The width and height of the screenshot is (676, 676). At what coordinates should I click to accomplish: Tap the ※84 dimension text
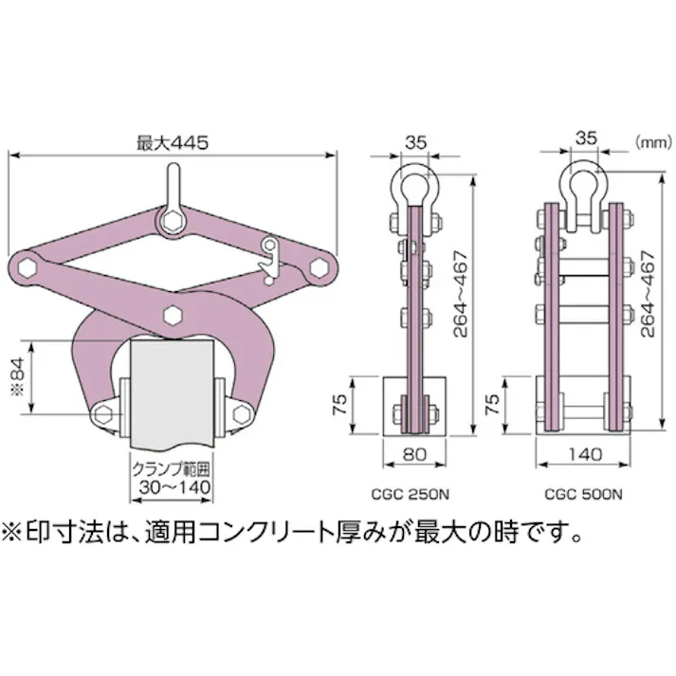[21, 377]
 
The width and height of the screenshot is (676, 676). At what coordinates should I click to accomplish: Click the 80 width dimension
[413, 455]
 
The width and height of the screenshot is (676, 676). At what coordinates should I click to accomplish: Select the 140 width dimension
[585, 455]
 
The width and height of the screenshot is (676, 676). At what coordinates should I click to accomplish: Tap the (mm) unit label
[652, 142]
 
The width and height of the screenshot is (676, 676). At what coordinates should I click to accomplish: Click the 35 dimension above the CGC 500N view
[585, 138]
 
